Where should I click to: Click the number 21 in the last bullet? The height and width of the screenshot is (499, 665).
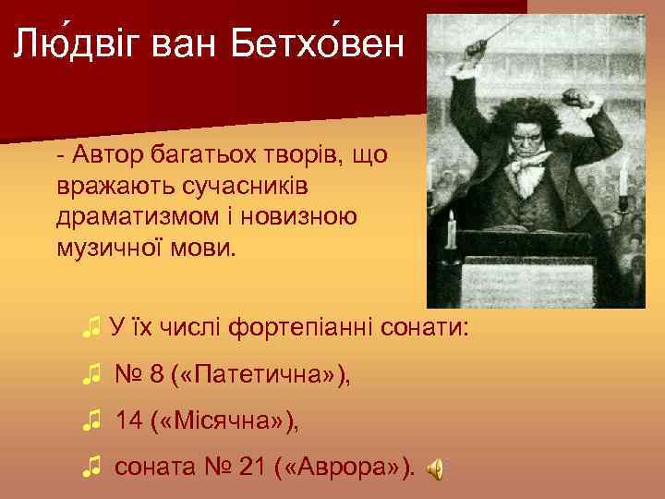point(252,469)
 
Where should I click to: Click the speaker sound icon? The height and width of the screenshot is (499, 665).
point(435,470)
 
